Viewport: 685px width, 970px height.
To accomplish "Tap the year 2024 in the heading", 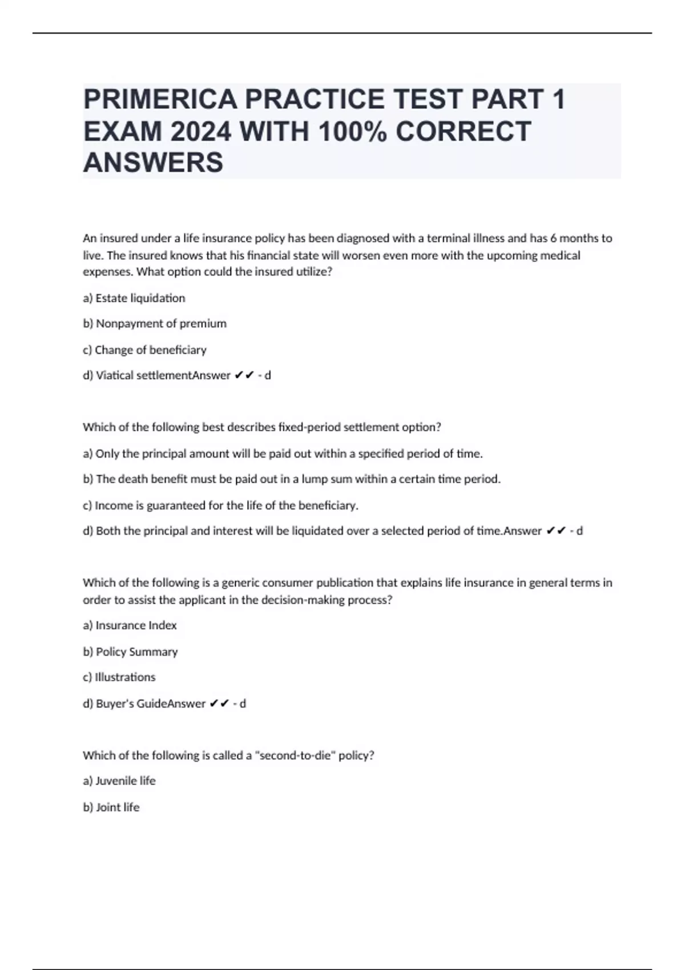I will coord(201,131).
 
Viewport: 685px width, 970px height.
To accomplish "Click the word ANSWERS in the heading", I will coord(153,163).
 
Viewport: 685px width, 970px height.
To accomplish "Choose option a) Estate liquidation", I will coord(134,298).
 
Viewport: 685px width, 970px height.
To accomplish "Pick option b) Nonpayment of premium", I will coord(155,324).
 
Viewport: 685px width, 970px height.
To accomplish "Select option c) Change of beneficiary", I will coord(144,350).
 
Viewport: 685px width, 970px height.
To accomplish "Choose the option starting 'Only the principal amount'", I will coord(283,454).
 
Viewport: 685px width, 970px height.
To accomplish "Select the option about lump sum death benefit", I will coord(292,479).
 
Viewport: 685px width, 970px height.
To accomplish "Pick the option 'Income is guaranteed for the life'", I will coord(220,506).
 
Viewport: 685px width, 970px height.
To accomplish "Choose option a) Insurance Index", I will coord(130,625).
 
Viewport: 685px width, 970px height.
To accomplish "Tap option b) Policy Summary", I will coord(130,652).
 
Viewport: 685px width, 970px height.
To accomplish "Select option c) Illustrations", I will coord(119,677).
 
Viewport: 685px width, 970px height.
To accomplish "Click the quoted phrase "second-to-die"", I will coord(295,755).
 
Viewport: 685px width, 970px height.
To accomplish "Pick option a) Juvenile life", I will coord(119,781).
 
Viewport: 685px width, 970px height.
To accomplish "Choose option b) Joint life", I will coord(111,807).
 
